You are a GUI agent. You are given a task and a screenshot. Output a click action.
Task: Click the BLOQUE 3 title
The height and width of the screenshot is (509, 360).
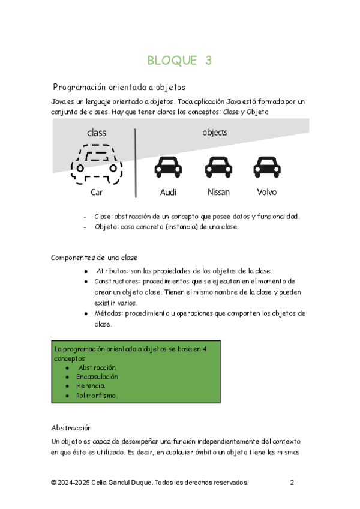coord(179,60)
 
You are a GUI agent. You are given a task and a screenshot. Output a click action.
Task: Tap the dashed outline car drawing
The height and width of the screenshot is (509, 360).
coord(96,163)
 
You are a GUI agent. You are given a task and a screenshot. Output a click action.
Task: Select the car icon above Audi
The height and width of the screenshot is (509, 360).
coord(168,167)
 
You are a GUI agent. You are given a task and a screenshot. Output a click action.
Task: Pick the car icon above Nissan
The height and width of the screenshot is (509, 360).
coord(218,167)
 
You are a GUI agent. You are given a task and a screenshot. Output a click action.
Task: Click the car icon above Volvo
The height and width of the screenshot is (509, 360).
coord(266,167)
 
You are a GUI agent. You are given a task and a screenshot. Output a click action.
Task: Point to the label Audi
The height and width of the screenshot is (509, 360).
coord(169,193)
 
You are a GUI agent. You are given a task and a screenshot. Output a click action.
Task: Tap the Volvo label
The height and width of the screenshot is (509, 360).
coord(266,193)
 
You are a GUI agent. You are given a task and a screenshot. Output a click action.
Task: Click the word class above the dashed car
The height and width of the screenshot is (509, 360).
coord(97,132)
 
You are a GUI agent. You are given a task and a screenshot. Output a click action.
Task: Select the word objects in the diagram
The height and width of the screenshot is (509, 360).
coord(214,132)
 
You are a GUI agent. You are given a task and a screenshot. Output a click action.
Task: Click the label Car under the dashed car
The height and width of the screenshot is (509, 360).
coord(97,193)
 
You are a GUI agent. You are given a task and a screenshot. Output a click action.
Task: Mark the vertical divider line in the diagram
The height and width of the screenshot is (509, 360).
coord(136,162)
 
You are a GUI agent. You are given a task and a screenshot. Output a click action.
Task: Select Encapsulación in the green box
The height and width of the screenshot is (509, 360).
coord(98,376)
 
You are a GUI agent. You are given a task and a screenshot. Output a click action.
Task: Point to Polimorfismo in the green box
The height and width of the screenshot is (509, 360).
coord(97,396)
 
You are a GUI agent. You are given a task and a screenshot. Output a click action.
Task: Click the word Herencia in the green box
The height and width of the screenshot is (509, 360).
coord(91,386)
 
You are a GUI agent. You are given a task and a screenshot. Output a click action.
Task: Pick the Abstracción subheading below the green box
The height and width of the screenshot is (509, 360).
coord(71,428)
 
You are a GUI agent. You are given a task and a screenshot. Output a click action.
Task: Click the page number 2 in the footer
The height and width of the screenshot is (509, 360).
coord(292,483)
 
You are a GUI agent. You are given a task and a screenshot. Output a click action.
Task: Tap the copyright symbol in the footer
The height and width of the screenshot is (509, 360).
coord(54,483)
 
